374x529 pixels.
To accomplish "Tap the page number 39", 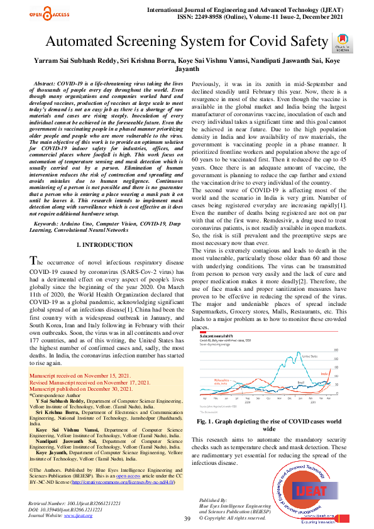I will click(187, 518).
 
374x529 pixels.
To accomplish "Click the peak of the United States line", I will click(298, 352).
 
